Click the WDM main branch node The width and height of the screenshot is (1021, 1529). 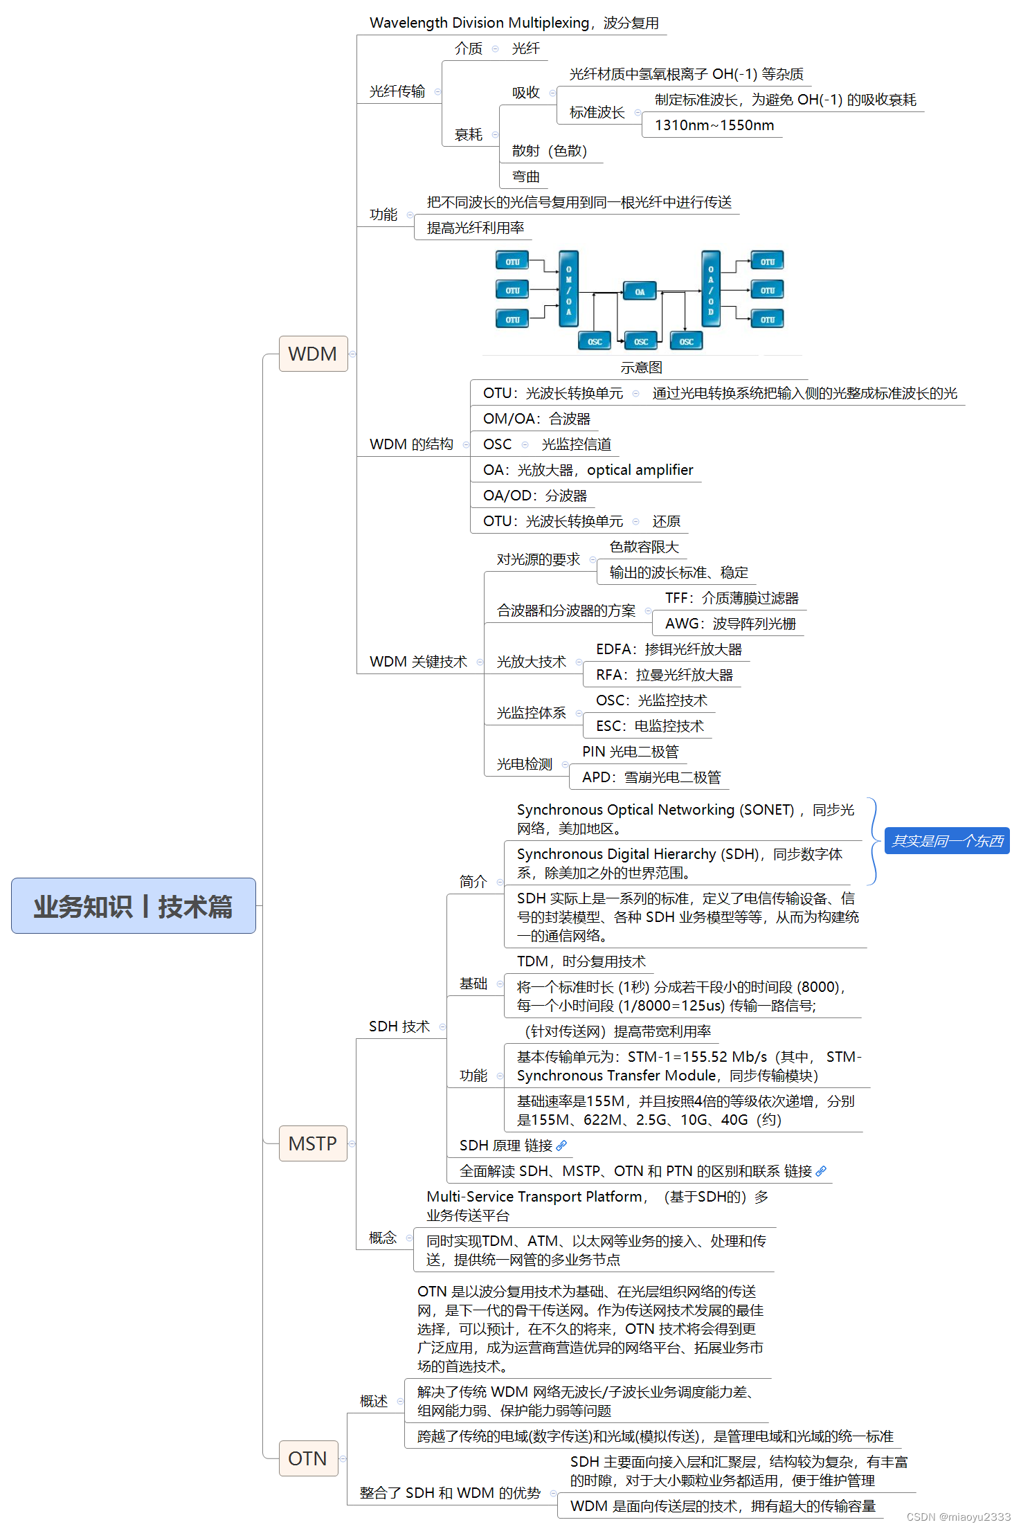pos(313,354)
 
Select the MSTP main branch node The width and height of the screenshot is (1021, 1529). pos(312,1143)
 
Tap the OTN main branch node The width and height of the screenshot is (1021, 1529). pos(307,1458)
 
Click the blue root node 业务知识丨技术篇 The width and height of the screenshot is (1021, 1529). pos(133,906)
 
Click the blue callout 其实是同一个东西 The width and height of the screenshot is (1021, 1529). pos(946,841)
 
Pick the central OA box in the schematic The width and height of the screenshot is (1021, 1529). pos(640,291)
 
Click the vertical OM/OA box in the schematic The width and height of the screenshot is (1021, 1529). pos(568,289)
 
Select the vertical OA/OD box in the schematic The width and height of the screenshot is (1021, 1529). pos(710,289)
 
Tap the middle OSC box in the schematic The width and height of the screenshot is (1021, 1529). pos(641,341)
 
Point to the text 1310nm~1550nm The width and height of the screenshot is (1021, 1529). pos(714,125)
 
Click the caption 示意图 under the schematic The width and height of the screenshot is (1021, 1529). pos(641,368)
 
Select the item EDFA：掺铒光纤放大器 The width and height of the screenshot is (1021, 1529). pos(668,649)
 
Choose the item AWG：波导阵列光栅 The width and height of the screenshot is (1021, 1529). pos(730,624)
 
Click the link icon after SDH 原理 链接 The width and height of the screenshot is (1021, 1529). pos(561,1146)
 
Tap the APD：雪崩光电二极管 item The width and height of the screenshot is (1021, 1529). pos(651,777)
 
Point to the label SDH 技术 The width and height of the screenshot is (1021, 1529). pos(399,1026)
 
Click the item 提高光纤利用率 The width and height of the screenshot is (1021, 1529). pos(476,228)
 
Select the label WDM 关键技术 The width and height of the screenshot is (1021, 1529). pos(418,662)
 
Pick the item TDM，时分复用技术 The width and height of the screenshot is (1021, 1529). pos(581,961)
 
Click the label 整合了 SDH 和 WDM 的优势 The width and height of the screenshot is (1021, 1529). pos(450,1493)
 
